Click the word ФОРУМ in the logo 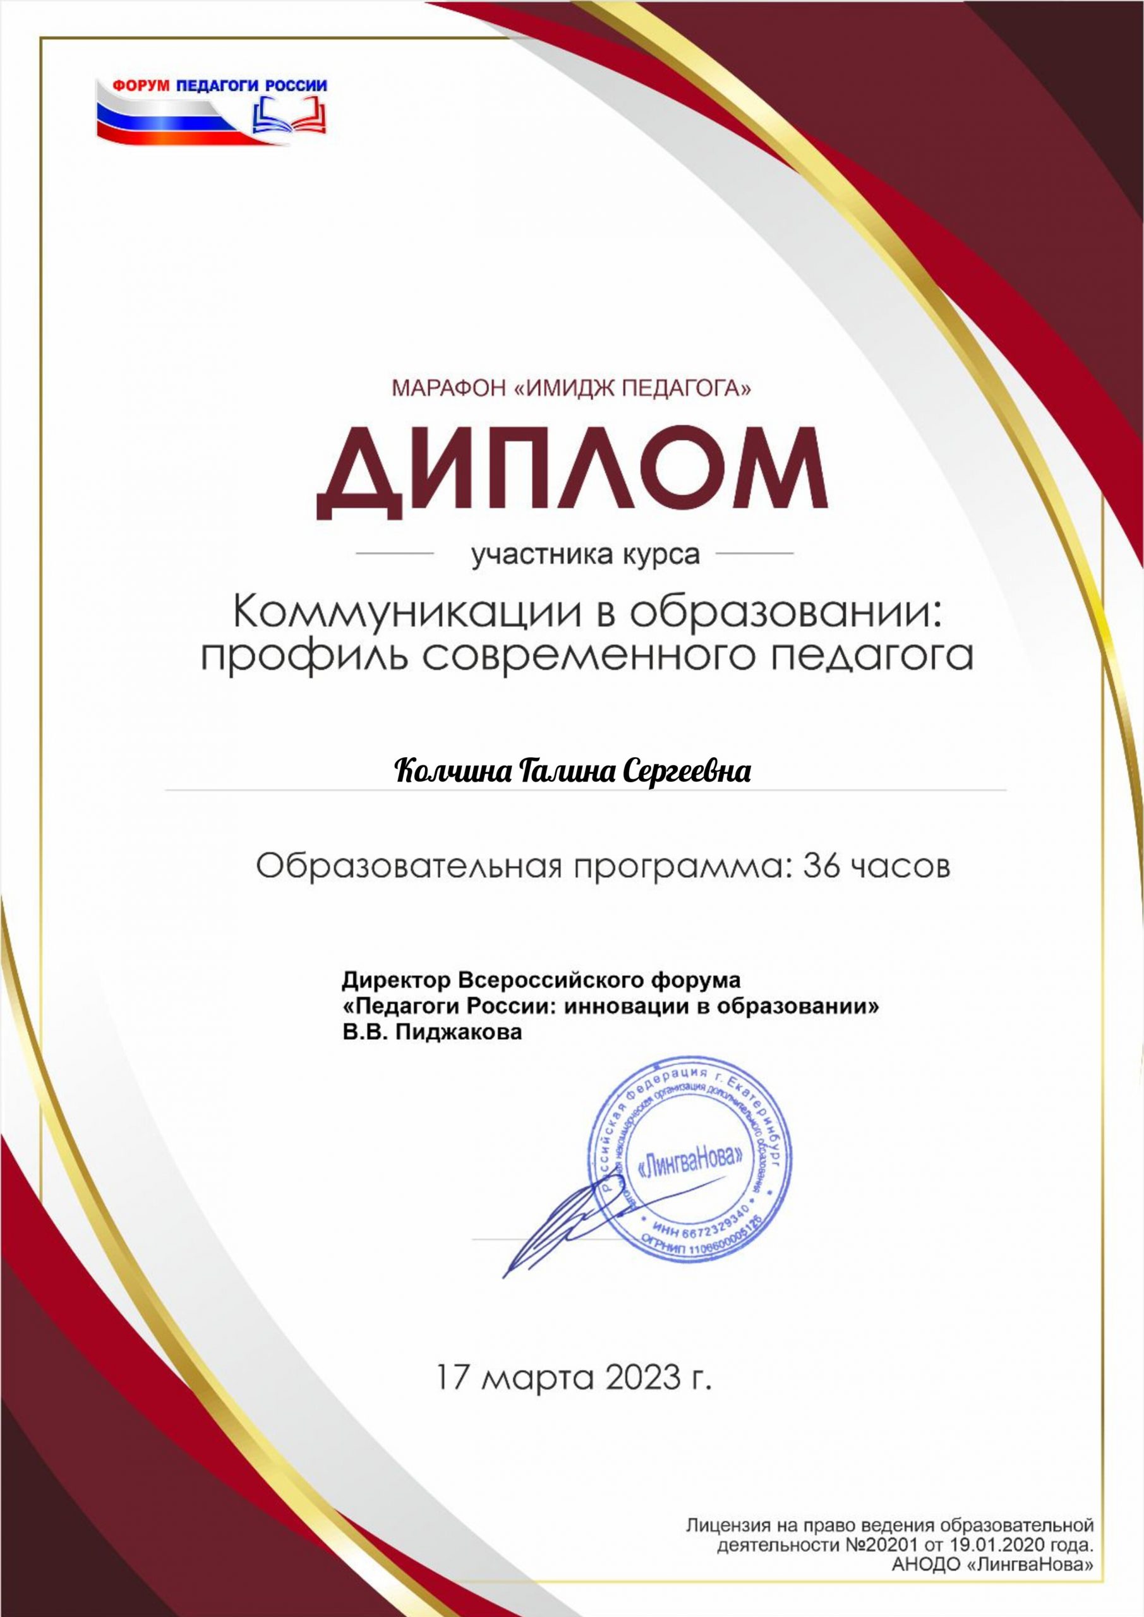tap(142, 86)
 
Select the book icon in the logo tap(289, 115)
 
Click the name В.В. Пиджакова tap(433, 1033)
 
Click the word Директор tap(398, 980)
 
